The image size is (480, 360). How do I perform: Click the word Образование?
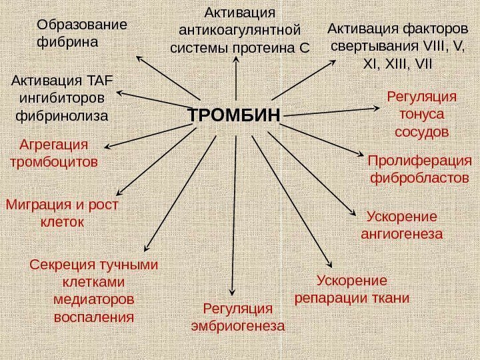pyautogui.click(x=81, y=25)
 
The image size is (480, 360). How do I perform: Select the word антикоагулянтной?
pyautogui.click(x=240, y=31)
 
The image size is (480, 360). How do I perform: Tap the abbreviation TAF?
pyautogui.click(x=101, y=81)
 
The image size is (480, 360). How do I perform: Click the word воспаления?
pyautogui.click(x=94, y=315)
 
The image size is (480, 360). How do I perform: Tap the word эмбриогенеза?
pyautogui.click(x=238, y=326)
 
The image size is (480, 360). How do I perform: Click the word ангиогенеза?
pyautogui.click(x=402, y=234)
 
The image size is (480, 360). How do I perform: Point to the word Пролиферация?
pyautogui.click(x=419, y=161)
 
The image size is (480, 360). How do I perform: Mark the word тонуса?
pyautogui.click(x=421, y=114)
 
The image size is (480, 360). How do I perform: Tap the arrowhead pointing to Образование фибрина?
pyautogui.click(x=141, y=57)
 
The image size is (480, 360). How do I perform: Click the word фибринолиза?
pyautogui.click(x=61, y=115)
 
